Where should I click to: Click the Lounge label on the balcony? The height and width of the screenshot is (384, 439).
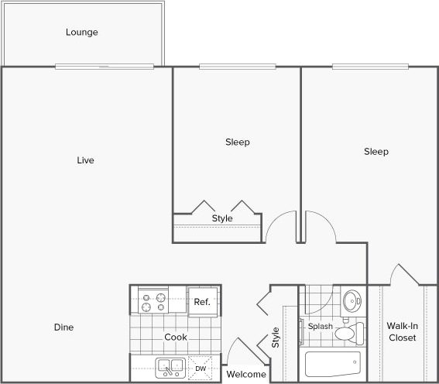pyautogui.click(x=81, y=33)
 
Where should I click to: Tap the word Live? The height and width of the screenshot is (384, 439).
pyautogui.click(x=85, y=160)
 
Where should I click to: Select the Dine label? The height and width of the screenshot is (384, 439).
pyautogui.click(x=63, y=327)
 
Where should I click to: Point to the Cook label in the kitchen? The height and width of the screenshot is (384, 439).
pyautogui.click(x=175, y=338)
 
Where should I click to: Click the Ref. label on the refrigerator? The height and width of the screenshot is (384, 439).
pyautogui.click(x=203, y=301)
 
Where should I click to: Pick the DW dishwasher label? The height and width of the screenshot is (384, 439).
pyautogui.click(x=201, y=368)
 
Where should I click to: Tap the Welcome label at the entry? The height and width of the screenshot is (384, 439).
pyautogui.click(x=246, y=375)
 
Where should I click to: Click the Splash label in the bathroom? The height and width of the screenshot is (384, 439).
pyautogui.click(x=320, y=327)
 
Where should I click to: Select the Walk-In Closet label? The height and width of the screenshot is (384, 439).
pyautogui.click(x=402, y=332)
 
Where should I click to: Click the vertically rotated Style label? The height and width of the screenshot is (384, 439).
pyautogui.click(x=276, y=338)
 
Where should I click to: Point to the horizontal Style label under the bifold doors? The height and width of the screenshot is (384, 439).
pyautogui.click(x=222, y=218)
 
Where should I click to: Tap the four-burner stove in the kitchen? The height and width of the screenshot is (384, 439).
pyautogui.click(x=153, y=300)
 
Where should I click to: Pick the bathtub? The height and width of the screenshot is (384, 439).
pyautogui.click(x=331, y=364)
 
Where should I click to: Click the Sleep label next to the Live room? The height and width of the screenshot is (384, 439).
pyautogui.click(x=238, y=142)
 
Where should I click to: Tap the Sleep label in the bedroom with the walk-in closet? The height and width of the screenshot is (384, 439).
pyautogui.click(x=376, y=152)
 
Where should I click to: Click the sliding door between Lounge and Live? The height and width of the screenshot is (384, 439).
pyautogui.click(x=109, y=67)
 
